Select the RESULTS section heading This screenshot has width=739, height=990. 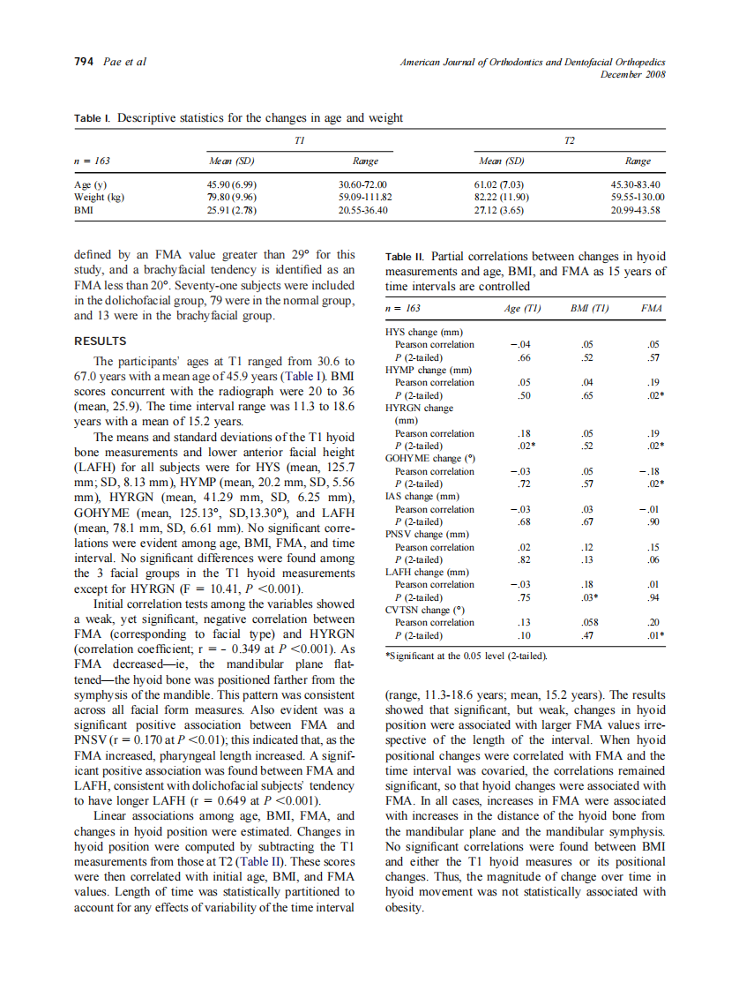click(101, 341)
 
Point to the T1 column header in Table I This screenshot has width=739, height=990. click(299, 140)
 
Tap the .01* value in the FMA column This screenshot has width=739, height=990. click(654, 635)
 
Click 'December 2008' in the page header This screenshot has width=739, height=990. click(632, 73)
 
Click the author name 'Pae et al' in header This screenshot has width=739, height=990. click(123, 62)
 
